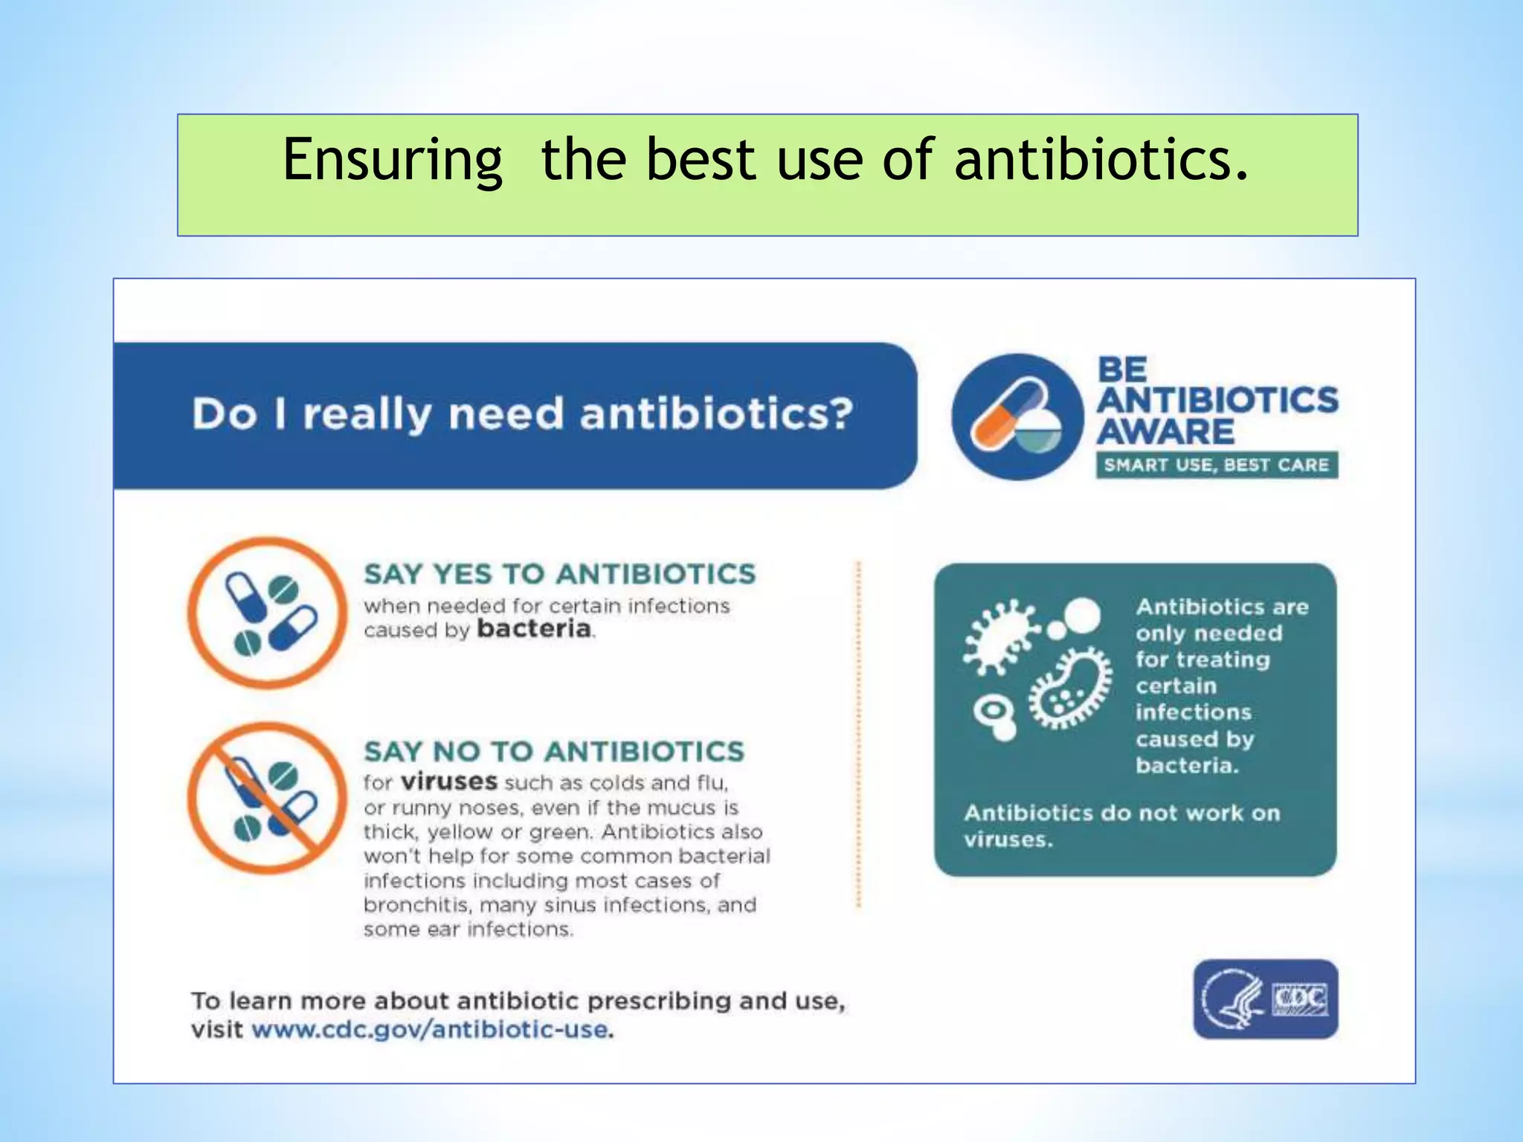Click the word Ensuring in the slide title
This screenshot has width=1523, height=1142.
[393, 160]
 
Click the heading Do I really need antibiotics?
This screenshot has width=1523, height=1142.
[522, 414]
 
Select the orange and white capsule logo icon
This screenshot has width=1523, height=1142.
[1017, 417]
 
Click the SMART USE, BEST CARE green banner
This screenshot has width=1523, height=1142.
[1216, 465]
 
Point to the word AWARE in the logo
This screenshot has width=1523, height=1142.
[1166, 433]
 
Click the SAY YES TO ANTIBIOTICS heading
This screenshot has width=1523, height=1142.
[559, 574]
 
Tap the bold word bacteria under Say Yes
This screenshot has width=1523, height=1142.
[534, 629]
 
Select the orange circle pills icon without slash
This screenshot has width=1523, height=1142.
[267, 613]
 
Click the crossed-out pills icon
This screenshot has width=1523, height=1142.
[267, 799]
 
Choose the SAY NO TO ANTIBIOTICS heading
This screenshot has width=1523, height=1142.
[553, 752]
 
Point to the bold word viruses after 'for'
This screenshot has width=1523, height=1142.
[448, 782]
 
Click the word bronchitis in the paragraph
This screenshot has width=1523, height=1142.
[417, 905]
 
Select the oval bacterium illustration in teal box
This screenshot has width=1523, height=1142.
[1070, 688]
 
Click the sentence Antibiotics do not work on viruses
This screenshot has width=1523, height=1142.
[1121, 825]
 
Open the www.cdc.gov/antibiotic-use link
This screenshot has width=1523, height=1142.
[432, 1030]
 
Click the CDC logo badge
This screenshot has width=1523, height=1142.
[1265, 999]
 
